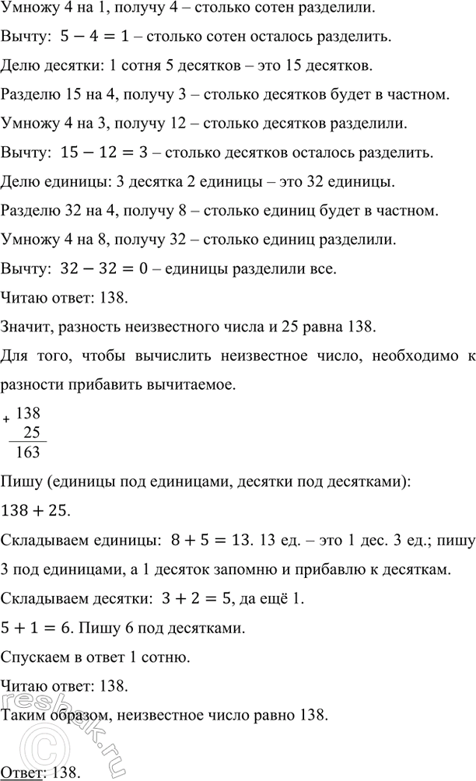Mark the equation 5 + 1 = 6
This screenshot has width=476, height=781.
tap(35, 625)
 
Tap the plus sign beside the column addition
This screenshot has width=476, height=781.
tap(7, 419)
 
